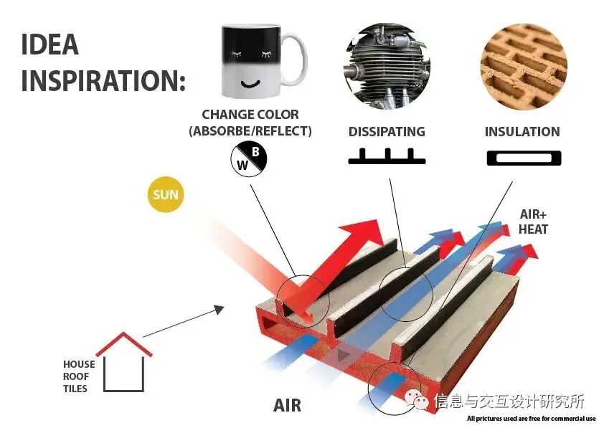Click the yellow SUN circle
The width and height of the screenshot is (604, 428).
click(x=166, y=194)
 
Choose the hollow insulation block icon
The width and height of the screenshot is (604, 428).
click(x=523, y=158)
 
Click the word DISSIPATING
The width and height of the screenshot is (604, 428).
click(x=387, y=132)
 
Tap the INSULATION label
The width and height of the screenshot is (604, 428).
click(x=522, y=132)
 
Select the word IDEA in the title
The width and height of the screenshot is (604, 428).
click(x=49, y=44)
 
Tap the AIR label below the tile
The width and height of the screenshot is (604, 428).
click(x=287, y=406)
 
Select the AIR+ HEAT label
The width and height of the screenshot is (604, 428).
click(x=533, y=222)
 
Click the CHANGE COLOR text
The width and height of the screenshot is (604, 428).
click(x=250, y=115)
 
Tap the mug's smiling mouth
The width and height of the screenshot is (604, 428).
click(x=250, y=83)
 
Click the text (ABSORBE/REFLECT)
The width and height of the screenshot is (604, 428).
click(x=250, y=131)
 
